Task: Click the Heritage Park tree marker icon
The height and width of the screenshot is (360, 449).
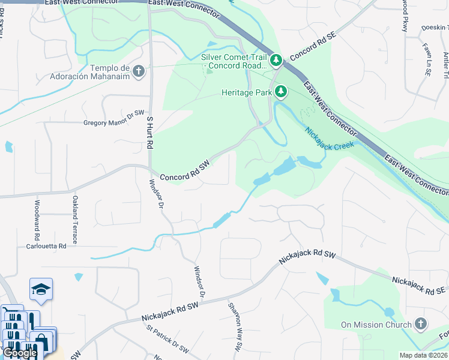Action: coord(280,92)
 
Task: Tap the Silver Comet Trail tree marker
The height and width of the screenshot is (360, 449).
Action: coord(276,59)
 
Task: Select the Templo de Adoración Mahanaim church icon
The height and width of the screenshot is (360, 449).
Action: coord(139,72)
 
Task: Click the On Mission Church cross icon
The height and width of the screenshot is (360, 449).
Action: coord(421,325)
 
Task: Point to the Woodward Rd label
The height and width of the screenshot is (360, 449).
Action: coord(37,215)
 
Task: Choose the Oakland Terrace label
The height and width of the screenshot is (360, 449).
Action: coord(75,212)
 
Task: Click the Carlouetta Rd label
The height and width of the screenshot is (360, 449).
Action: coord(46,246)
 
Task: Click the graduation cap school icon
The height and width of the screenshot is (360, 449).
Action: coord(41,289)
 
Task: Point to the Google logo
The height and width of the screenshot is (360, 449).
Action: coord(20,353)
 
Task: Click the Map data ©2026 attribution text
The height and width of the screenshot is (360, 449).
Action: coord(423,355)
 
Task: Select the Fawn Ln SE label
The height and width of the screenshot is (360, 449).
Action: coord(427,62)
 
